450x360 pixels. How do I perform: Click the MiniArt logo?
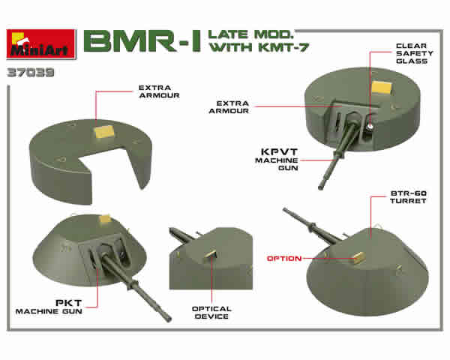point(41,44)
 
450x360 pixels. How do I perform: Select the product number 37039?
point(31,72)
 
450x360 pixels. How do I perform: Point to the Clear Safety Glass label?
point(414,53)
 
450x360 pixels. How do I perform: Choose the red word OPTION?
point(284,259)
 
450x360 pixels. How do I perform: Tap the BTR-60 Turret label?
point(408,197)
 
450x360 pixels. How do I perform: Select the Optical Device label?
point(211,313)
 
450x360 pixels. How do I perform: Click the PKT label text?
point(68,303)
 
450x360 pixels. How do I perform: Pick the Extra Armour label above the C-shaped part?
point(159,91)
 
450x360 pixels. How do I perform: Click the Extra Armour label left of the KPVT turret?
point(229,107)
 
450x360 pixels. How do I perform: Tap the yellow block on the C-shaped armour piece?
point(104,132)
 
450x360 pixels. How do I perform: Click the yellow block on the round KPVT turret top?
point(382,87)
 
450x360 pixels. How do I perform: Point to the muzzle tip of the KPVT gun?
point(320,187)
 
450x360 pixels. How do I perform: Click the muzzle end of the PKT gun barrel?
point(169,319)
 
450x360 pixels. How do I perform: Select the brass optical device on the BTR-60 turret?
point(359,257)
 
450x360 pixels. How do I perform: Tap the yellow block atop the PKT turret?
point(105,219)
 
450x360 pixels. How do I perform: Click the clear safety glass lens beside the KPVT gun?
point(370,126)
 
